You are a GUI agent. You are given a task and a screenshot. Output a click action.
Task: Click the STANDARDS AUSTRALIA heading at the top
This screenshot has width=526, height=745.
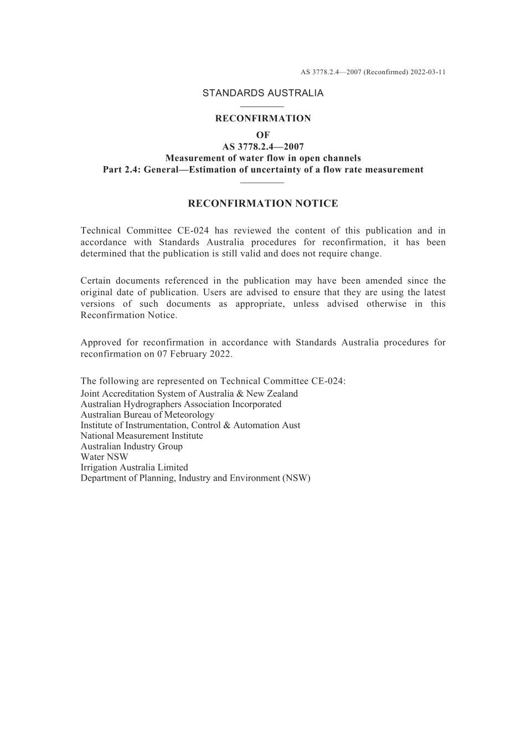point(262,93)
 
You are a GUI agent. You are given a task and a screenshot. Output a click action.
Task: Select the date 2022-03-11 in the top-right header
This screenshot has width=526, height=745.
point(428,72)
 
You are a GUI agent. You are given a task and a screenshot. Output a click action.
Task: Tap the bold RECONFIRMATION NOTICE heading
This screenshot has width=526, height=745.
point(262,204)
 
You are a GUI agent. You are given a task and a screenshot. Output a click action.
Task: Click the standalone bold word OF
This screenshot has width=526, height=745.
point(263,135)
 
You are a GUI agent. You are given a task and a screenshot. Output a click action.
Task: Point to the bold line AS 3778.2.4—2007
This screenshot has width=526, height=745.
point(263,147)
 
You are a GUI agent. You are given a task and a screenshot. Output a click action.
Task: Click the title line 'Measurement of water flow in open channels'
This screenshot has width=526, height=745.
point(263,158)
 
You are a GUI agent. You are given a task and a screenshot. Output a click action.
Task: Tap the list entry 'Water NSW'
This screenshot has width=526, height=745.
point(104,457)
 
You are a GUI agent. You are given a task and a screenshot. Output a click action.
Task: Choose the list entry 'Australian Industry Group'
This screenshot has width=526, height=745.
point(131,446)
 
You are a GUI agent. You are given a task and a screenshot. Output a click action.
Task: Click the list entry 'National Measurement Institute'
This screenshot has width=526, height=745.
point(142,436)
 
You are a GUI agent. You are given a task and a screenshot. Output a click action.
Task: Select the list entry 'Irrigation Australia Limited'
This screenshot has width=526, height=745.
point(134,467)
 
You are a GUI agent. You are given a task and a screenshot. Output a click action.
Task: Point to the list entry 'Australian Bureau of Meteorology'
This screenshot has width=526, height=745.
point(147,415)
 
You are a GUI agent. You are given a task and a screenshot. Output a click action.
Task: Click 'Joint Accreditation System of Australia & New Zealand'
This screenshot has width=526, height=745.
point(189,394)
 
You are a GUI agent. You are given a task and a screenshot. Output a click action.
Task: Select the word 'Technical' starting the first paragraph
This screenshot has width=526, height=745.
point(99,231)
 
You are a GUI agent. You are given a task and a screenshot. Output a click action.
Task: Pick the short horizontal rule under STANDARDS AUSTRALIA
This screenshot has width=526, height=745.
point(262,106)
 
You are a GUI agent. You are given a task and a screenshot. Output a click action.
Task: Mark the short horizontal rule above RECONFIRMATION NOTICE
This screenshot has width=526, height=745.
point(262,182)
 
